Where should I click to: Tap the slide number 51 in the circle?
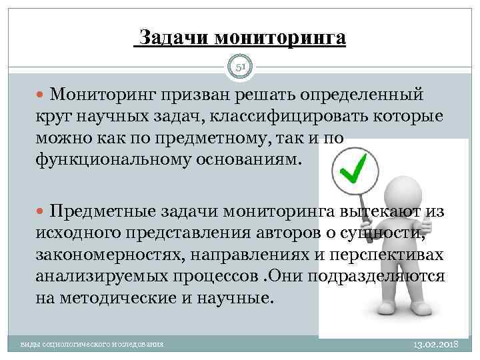[240, 67]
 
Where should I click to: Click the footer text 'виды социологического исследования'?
[91, 345]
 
